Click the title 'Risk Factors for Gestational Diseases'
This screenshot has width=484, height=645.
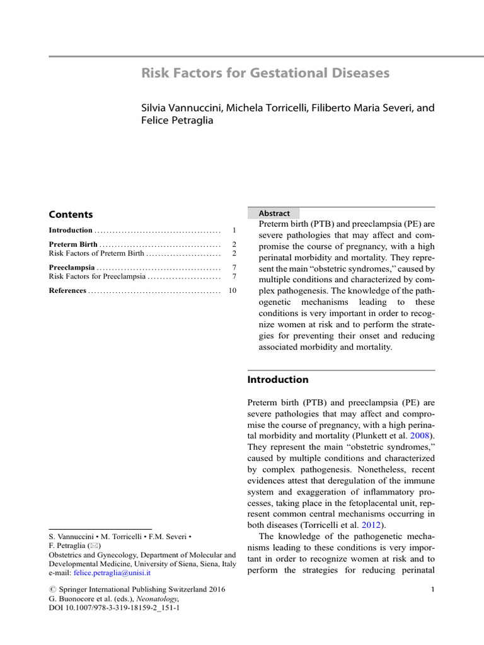[265, 73]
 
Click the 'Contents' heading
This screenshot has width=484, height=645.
[71, 214]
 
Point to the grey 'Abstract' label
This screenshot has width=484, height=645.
[274, 214]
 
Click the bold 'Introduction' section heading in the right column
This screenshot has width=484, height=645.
[278, 380]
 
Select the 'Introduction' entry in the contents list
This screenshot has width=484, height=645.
[71, 231]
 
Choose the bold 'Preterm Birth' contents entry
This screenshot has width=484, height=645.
[73, 244]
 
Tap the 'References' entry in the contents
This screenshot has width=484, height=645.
[67, 290]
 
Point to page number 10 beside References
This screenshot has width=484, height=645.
[232, 290]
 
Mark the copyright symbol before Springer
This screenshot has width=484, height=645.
[53, 590]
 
